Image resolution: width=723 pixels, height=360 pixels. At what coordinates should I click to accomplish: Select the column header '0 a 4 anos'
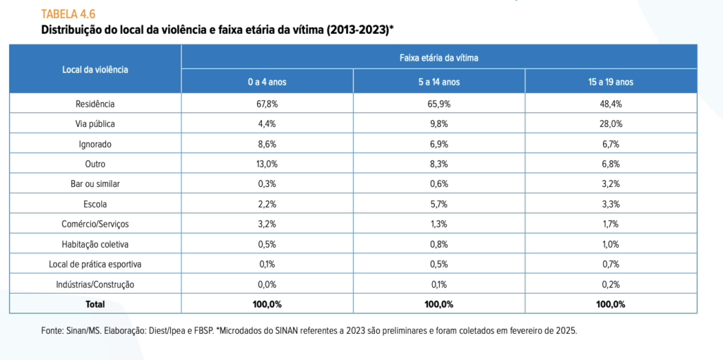[x=267, y=82]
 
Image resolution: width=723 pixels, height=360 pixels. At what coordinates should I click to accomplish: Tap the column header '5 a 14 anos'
[x=438, y=82]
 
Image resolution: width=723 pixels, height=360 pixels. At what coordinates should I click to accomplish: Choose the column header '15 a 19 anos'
[x=611, y=82]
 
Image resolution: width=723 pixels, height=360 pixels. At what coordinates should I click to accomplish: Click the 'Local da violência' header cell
[x=95, y=69]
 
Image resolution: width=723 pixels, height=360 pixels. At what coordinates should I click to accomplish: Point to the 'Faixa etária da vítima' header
[x=438, y=57]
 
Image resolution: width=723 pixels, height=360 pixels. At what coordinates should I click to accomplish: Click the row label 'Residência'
[x=95, y=104]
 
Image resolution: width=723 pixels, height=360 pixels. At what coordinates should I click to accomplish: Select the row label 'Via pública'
[x=95, y=124]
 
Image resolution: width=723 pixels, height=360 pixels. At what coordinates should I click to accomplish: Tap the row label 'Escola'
[x=95, y=204]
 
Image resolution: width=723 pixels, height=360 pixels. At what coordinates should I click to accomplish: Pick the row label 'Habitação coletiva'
[x=95, y=244]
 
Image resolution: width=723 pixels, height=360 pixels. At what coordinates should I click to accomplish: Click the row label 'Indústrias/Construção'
[x=95, y=284]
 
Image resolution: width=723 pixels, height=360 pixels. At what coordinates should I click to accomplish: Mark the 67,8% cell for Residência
[x=267, y=104]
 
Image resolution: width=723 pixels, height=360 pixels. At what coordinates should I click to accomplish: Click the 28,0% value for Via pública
[x=611, y=124]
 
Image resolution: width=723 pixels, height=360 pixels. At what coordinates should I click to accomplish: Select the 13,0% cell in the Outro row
[x=267, y=164]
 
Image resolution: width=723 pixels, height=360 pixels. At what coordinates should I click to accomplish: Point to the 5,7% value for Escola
[x=438, y=204]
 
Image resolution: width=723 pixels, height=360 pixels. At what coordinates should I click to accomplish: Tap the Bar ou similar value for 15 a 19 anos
[x=611, y=184]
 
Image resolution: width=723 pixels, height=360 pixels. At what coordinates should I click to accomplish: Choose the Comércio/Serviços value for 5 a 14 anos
[x=438, y=224]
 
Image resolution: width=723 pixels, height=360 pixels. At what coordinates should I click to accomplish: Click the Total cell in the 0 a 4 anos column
[x=267, y=304]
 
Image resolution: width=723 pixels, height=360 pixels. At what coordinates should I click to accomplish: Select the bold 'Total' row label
[x=95, y=304]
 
